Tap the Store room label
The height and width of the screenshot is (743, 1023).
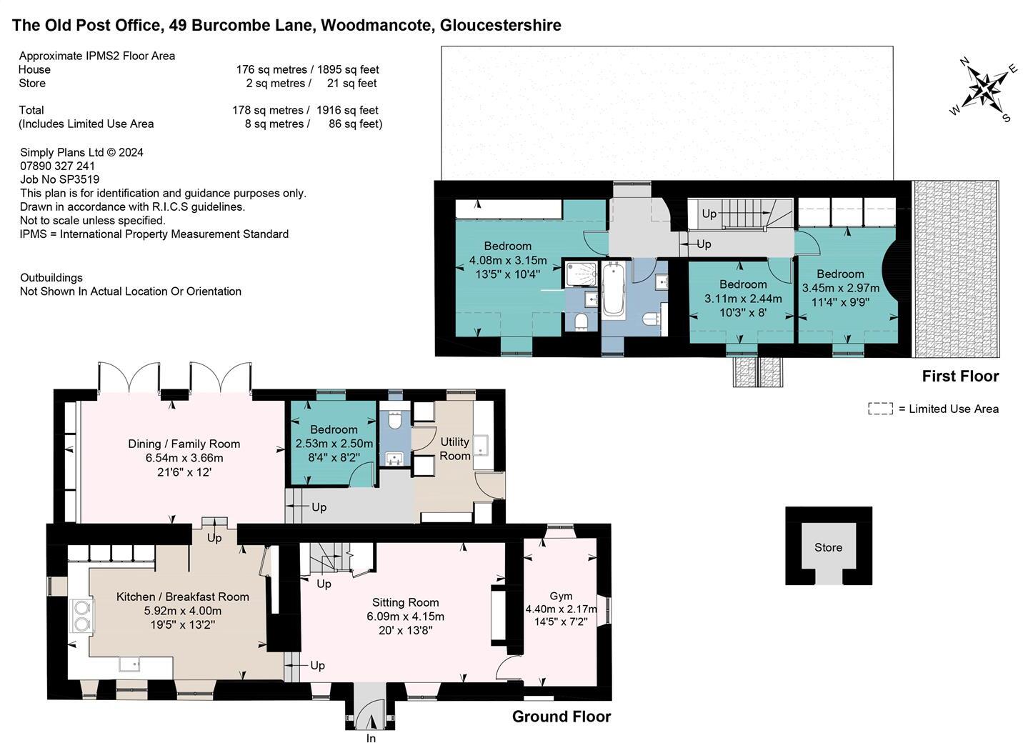828,547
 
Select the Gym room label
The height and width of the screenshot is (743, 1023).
561,596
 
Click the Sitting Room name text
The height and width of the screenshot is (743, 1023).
405,602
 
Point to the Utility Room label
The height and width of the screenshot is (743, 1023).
454,449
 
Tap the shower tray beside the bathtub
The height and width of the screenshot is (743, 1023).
582,274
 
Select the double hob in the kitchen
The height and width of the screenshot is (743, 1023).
81,616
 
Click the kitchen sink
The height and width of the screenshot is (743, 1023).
129,664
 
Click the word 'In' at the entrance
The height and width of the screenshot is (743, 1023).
371,738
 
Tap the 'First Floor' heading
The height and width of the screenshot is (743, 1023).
960,377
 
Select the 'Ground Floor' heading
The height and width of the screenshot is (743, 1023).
562,717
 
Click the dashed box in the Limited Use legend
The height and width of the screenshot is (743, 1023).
880,409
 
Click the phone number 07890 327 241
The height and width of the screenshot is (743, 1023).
58,166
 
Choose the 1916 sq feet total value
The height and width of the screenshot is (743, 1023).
347,110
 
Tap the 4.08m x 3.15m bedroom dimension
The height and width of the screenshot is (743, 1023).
508,260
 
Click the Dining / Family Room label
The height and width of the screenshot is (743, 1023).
184,444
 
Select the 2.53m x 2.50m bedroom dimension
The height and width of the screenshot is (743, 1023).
334,444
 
